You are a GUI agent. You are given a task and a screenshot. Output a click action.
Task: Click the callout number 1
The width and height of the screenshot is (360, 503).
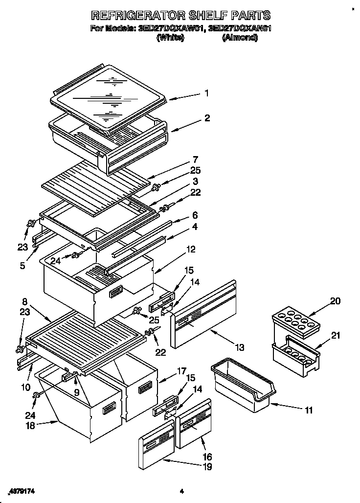[207, 93]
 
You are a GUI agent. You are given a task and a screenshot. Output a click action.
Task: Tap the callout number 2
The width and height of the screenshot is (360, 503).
[207, 118]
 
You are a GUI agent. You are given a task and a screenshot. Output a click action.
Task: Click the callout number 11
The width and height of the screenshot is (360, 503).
[308, 411]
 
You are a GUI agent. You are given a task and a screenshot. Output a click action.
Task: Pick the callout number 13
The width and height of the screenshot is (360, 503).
[239, 347]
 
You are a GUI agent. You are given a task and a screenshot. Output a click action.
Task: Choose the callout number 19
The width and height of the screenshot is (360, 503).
[207, 467]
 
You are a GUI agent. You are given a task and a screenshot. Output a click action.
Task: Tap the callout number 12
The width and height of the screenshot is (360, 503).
[191, 250]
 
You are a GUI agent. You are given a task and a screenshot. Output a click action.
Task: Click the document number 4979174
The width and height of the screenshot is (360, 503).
[22, 490]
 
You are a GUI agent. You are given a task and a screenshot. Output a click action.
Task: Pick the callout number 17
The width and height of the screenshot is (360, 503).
[168, 370]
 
